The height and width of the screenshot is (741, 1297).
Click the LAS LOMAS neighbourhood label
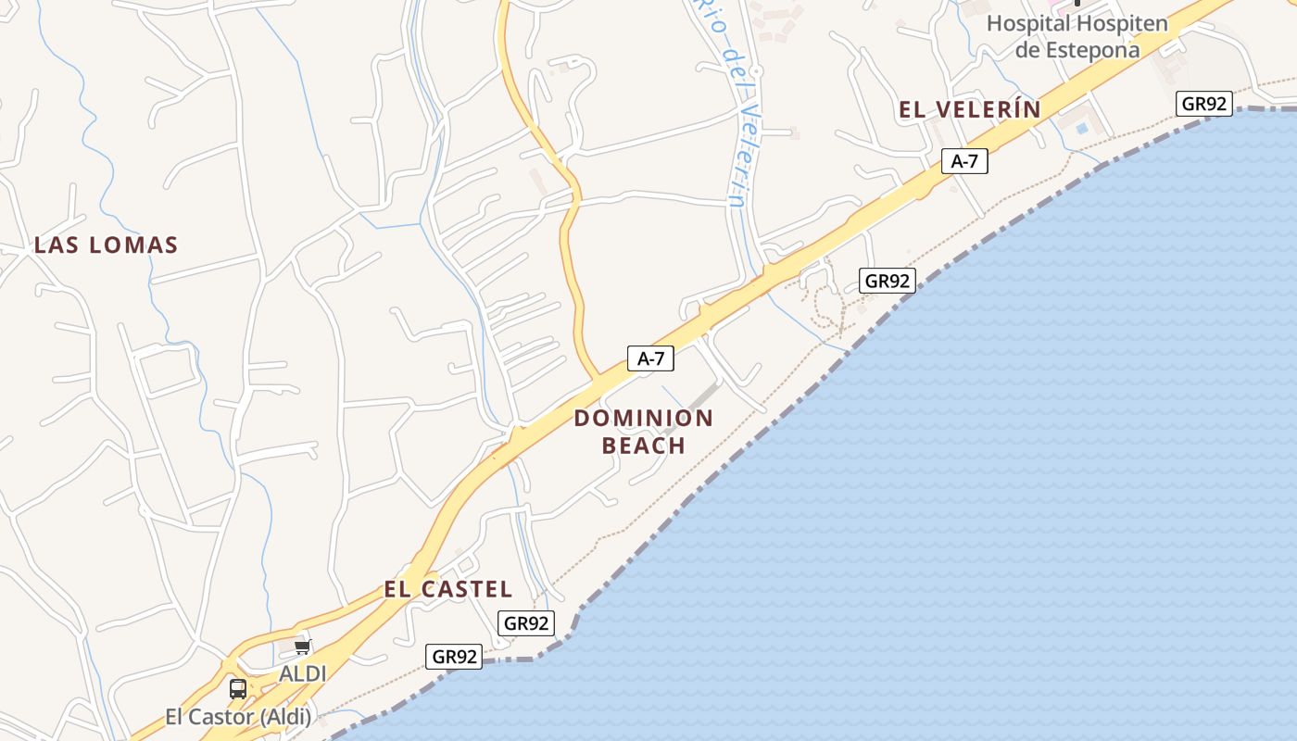pyautogui.click(x=106, y=245)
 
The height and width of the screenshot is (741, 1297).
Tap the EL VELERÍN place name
pyautogui.click(x=970, y=109)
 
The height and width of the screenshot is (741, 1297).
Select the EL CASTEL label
pyautogui.click(x=448, y=589)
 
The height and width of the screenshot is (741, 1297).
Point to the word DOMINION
pyautogui.click(x=644, y=418)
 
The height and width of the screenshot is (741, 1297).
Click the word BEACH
pyautogui.click(x=644, y=446)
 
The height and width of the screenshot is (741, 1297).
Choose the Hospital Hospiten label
pyautogui.click(x=1077, y=24)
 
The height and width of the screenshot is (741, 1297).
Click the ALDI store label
pyautogui.click(x=303, y=673)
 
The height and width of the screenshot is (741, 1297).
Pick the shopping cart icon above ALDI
pyautogui.click(x=302, y=647)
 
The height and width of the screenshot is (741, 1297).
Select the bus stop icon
pyautogui.click(x=238, y=688)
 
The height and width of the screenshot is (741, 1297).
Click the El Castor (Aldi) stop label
pyautogui.click(x=239, y=716)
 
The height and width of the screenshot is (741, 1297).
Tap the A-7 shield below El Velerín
pyautogui.click(x=964, y=161)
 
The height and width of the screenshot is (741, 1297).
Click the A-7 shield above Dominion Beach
pyautogui.click(x=650, y=358)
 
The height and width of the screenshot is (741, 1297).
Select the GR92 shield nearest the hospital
pyautogui.click(x=1204, y=104)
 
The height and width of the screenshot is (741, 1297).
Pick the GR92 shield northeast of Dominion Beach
pyautogui.click(x=888, y=281)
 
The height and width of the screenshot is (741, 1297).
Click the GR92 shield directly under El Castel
pyautogui.click(x=526, y=623)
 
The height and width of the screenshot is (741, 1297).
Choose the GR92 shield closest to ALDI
pyautogui.click(x=455, y=657)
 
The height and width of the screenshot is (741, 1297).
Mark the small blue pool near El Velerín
pyautogui.click(x=1082, y=129)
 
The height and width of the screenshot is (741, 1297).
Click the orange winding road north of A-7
pyautogui.click(x=567, y=232)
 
